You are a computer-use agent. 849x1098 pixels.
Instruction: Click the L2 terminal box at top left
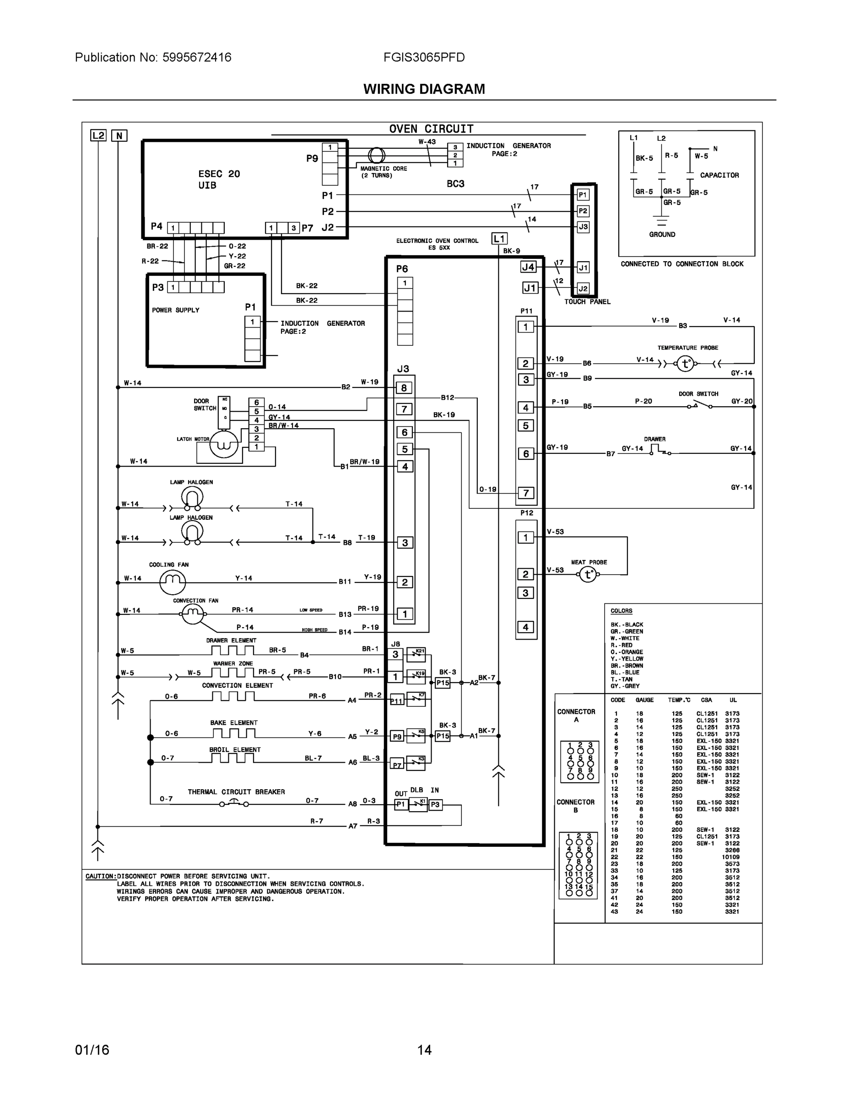coord(98,135)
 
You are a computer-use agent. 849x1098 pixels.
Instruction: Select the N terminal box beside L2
coord(119,135)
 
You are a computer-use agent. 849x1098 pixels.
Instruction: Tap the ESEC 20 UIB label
coord(219,179)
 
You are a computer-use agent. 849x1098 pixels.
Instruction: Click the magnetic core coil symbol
coord(376,156)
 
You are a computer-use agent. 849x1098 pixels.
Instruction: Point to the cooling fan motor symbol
coord(173,582)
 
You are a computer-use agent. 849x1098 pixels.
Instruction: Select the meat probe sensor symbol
coord(588,574)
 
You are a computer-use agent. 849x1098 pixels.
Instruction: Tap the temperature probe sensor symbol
coord(685,364)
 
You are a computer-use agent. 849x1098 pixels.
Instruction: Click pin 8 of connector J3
coord(404,388)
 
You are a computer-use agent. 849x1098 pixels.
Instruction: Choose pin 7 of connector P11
coord(525,493)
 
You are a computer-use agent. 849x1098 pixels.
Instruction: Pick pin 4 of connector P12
coord(525,627)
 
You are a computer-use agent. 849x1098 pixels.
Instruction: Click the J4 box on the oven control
coord(528,267)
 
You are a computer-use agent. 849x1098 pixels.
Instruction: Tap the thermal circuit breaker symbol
coord(234,803)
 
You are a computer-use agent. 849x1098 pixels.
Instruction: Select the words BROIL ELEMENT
coord(235,749)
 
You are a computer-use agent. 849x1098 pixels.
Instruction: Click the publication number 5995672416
coord(197,57)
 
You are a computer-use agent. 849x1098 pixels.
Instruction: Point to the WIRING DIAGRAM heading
coord(424,89)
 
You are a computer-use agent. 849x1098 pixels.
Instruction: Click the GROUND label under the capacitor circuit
coord(662,234)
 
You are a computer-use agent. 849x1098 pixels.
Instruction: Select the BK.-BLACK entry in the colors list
coord(627,624)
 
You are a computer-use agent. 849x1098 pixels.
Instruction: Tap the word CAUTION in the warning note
coord(100,876)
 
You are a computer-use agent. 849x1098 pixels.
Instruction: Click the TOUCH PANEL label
coord(587,301)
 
